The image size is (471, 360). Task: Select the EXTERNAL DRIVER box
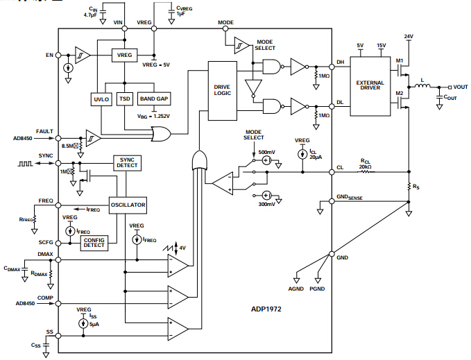click(x=370, y=85)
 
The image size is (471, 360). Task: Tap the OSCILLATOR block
click(x=128, y=205)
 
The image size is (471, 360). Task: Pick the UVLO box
click(x=101, y=99)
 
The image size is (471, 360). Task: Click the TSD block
click(x=125, y=99)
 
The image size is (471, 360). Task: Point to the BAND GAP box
click(x=153, y=99)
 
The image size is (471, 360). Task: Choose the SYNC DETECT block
click(x=128, y=162)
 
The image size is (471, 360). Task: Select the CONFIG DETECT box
click(x=94, y=242)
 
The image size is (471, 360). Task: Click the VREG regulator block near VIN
click(x=124, y=54)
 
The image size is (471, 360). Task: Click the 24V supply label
click(x=409, y=36)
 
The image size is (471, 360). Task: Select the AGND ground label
click(x=296, y=287)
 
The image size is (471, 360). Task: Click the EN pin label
click(x=49, y=54)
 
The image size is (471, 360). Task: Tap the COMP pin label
click(x=46, y=298)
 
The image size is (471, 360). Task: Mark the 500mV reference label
click(x=266, y=152)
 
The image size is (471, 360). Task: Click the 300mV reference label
click(x=266, y=205)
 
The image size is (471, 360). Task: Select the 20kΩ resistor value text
click(x=366, y=168)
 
